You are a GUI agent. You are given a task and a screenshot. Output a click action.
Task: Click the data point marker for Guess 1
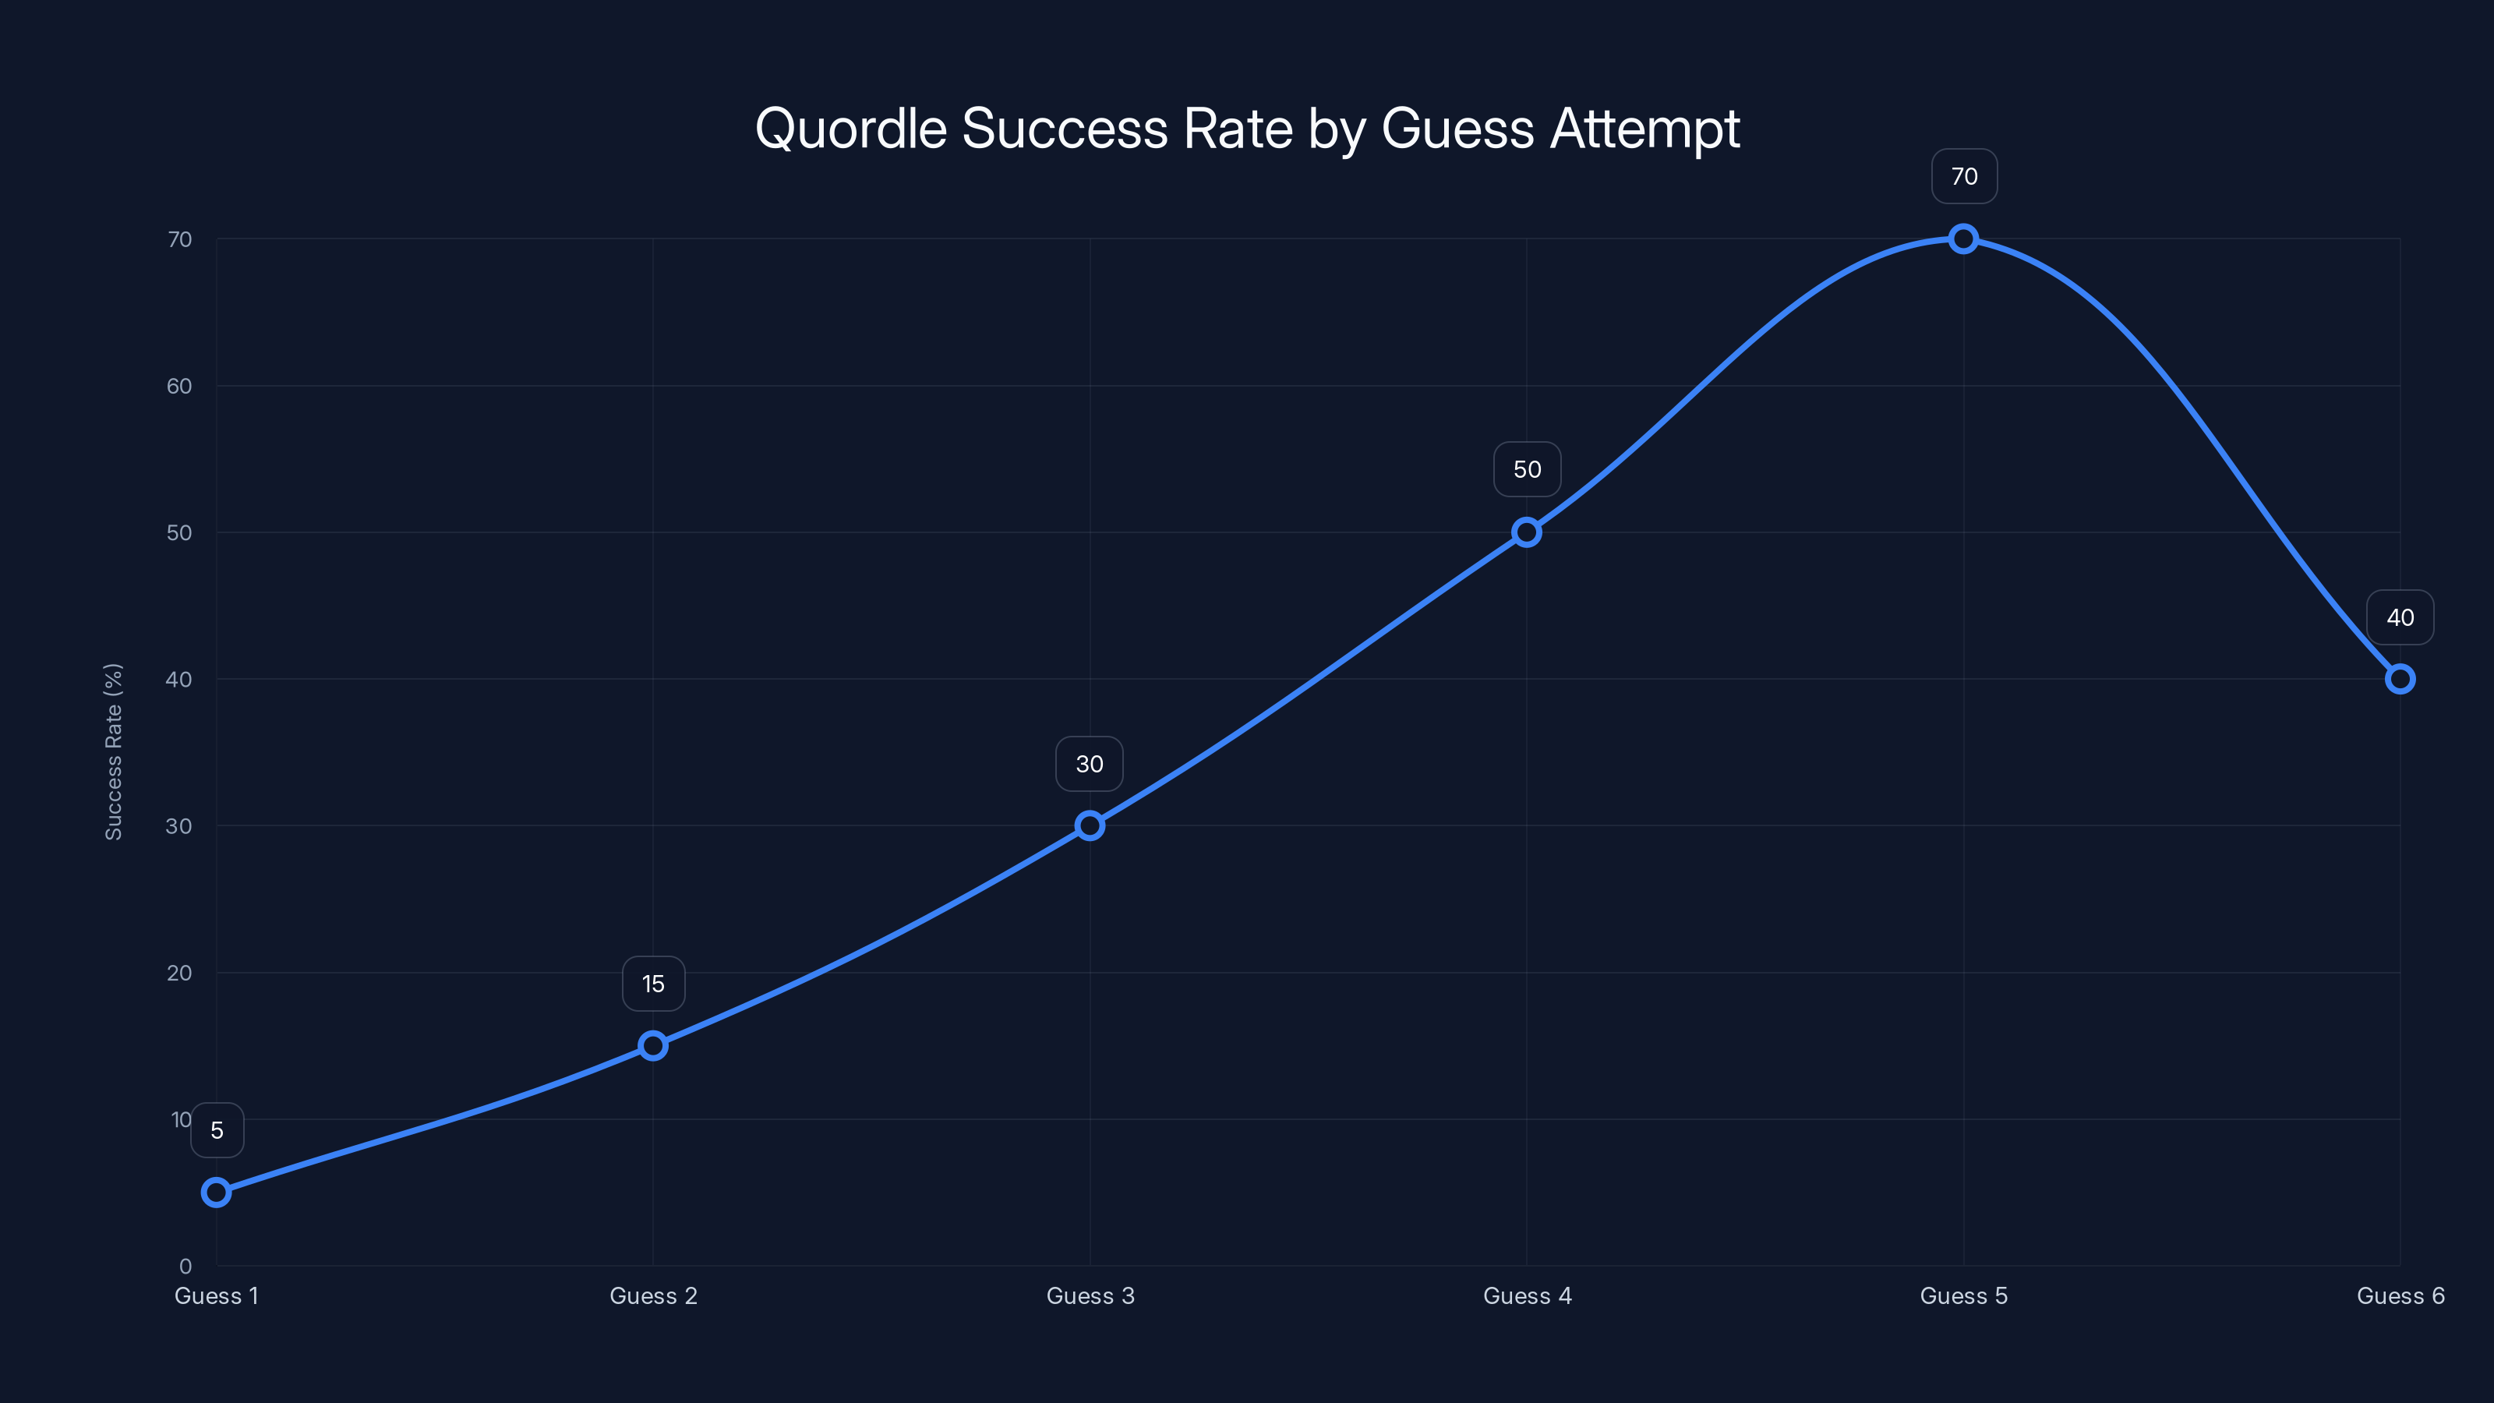(x=216, y=1192)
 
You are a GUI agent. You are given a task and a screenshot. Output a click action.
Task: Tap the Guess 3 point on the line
(x=1090, y=826)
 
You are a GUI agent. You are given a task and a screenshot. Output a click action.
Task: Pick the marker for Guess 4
(x=1526, y=532)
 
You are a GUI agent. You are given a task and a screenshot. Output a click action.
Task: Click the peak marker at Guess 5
(x=1962, y=239)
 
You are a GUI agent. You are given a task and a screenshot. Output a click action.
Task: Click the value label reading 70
(x=1963, y=176)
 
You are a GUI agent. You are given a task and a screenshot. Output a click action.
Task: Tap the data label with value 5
(x=217, y=1130)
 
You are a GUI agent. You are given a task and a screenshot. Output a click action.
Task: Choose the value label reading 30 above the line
(x=1090, y=764)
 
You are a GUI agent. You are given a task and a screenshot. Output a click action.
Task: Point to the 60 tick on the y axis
(x=179, y=387)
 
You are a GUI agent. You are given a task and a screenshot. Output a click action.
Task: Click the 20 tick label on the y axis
(x=179, y=973)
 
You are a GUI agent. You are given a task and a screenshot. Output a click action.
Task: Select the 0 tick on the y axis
(x=185, y=1266)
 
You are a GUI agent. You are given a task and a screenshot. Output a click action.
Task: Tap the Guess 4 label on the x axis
(x=1527, y=1295)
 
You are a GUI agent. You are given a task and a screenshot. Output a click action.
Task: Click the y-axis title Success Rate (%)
(x=113, y=751)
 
